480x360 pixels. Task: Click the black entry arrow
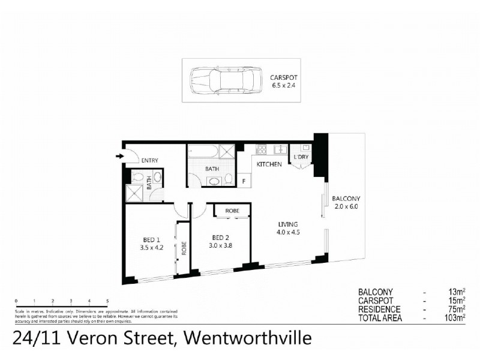(x=121, y=157)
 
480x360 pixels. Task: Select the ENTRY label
(x=149, y=160)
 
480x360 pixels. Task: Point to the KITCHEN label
(x=269, y=164)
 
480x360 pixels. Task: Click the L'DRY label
(x=301, y=157)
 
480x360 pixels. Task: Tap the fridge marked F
(x=244, y=181)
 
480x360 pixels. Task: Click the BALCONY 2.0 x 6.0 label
(x=346, y=202)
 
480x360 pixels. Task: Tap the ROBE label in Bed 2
(x=233, y=211)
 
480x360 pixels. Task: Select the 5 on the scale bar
(x=107, y=301)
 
